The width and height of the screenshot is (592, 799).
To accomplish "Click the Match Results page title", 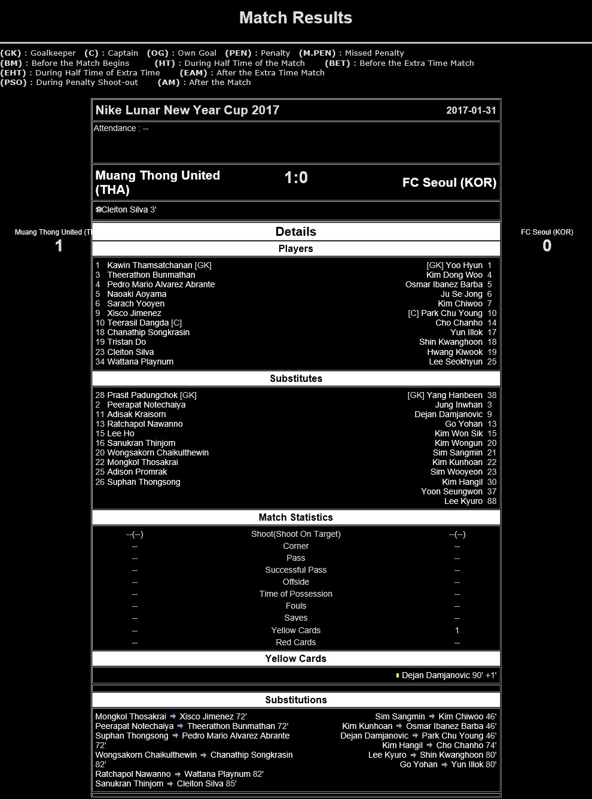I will click(x=295, y=18).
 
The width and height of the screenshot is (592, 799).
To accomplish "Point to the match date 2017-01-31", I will click(x=471, y=111).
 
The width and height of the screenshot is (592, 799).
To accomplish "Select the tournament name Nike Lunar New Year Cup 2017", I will click(x=187, y=110).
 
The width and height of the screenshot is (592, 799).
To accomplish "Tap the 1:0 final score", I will click(x=295, y=178).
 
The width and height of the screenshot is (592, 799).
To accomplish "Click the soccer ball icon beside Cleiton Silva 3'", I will click(x=98, y=210).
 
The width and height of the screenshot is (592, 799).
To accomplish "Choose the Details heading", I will click(x=295, y=232).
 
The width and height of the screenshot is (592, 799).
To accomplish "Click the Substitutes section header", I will click(x=295, y=378).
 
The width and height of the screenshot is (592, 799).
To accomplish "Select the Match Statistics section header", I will click(x=295, y=517).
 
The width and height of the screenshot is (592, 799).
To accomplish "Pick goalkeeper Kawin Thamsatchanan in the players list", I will click(x=149, y=265).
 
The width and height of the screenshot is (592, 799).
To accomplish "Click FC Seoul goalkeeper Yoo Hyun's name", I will click(x=464, y=265).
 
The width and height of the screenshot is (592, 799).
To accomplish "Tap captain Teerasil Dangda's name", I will click(x=138, y=323).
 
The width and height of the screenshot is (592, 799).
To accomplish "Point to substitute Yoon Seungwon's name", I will click(x=451, y=491).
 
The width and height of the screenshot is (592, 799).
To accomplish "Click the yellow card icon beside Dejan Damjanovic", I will click(x=398, y=676).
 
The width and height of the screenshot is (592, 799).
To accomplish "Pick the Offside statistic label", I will click(x=295, y=582).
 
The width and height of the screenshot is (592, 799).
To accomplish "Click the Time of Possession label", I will click(x=295, y=594).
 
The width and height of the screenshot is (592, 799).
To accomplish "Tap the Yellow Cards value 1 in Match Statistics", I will click(x=457, y=630).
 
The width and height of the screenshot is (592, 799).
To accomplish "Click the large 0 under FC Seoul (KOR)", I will click(x=547, y=245).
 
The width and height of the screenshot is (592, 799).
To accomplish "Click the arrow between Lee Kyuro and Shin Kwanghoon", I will click(x=413, y=755).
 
